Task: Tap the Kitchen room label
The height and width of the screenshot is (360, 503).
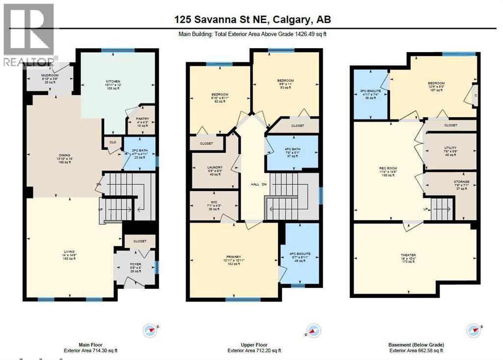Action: (x=113, y=82)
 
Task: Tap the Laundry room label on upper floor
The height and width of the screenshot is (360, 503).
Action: (x=215, y=167)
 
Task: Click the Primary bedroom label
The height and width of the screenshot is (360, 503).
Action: (x=233, y=256)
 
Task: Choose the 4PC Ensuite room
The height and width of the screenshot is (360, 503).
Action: (x=301, y=254)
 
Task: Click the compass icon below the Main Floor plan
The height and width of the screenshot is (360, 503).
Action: (x=150, y=331)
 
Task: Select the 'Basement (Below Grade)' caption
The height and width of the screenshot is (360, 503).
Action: (x=416, y=345)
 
